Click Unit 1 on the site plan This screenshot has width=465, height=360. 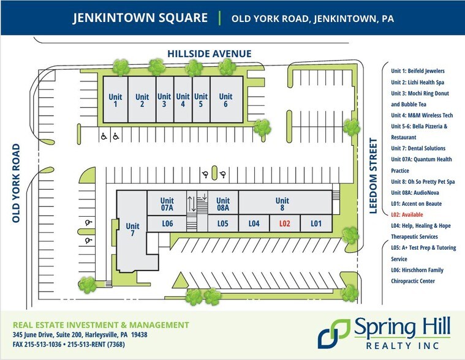pyautogui.click(x=114, y=100)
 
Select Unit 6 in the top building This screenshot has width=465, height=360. pyautogui.click(x=225, y=100)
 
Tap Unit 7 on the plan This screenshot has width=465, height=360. pyautogui.click(x=132, y=230)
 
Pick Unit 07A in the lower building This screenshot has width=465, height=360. pyautogui.click(x=167, y=204)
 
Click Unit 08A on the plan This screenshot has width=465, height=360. pyautogui.click(x=222, y=204)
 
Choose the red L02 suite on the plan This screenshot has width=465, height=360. pyautogui.click(x=284, y=224)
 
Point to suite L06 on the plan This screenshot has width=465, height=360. pyautogui.click(x=168, y=224)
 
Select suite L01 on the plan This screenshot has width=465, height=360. pyautogui.click(x=316, y=224)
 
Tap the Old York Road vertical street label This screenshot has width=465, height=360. pyautogui.click(x=17, y=183)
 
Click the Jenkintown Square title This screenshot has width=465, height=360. pyautogui.click(x=140, y=18)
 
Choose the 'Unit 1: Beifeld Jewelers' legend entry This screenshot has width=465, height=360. pyautogui.click(x=418, y=71)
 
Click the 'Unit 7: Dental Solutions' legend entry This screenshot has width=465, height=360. pyautogui.click(x=418, y=148)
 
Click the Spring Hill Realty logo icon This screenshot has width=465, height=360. pyautogui.click(x=333, y=334)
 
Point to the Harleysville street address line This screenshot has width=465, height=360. pyautogui.click(x=80, y=335)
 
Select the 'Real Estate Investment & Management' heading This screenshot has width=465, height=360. pyautogui.click(x=101, y=324)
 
